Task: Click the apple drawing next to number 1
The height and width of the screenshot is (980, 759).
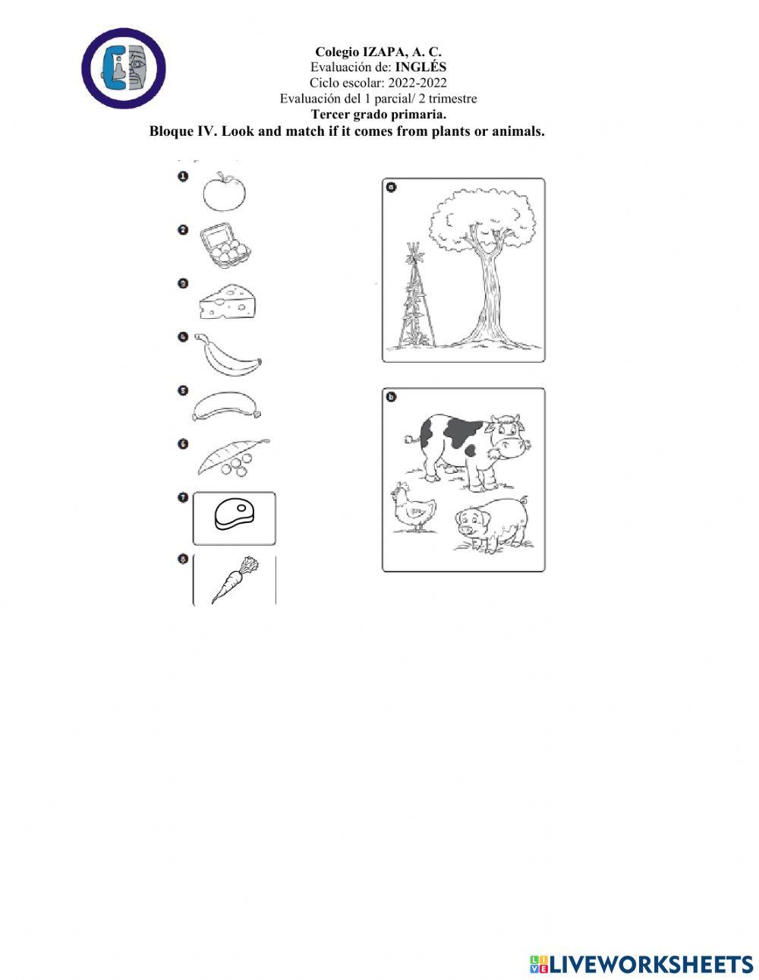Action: pyautogui.click(x=225, y=193)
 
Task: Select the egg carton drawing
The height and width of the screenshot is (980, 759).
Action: pyautogui.click(x=225, y=245)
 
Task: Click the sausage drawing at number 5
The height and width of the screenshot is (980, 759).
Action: pyautogui.click(x=227, y=405)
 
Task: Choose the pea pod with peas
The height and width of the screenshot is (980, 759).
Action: pyautogui.click(x=234, y=458)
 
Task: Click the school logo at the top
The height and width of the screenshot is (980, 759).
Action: pyautogui.click(x=123, y=68)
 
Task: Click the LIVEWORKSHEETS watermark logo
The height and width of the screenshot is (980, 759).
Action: pyautogui.click(x=641, y=963)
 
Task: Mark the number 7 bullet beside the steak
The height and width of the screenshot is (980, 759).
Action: pyautogui.click(x=183, y=497)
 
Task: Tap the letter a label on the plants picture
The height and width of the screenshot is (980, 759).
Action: pyautogui.click(x=392, y=186)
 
